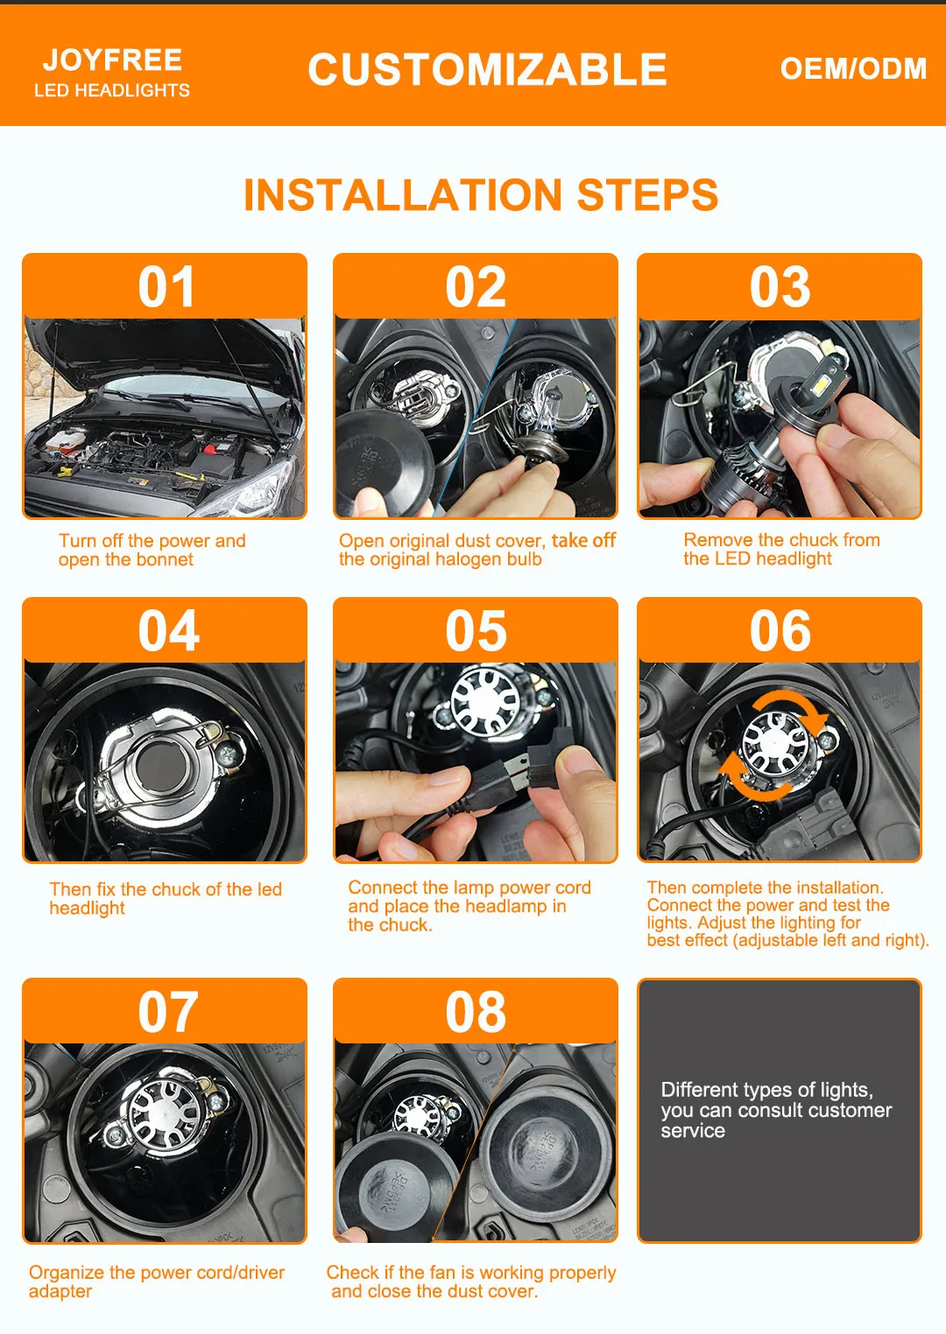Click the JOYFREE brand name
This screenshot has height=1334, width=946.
[x=113, y=60]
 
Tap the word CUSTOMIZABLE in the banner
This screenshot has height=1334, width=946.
[x=487, y=69]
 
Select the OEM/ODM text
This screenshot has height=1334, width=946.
[x=853, y=69]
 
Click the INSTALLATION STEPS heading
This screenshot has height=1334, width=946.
[x=481, y=194]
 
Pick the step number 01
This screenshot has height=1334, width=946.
[x=166, y=287]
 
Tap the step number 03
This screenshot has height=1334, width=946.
[x=780, y=287]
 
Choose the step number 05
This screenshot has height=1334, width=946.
[x=476, y=630]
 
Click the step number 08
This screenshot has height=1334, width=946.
[x=476, y=1012]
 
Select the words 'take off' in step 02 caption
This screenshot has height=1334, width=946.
[x=583, y=540]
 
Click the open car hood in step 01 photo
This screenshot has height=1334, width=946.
[x=161, y=351]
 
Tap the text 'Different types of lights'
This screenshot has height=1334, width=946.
[x=766, y=1089]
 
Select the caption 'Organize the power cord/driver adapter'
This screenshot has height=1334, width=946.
[x=157, y=1281]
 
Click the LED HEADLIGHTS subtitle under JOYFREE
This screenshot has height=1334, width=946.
[x=112, y=90]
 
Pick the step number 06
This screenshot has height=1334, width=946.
[x=780, y=630]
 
